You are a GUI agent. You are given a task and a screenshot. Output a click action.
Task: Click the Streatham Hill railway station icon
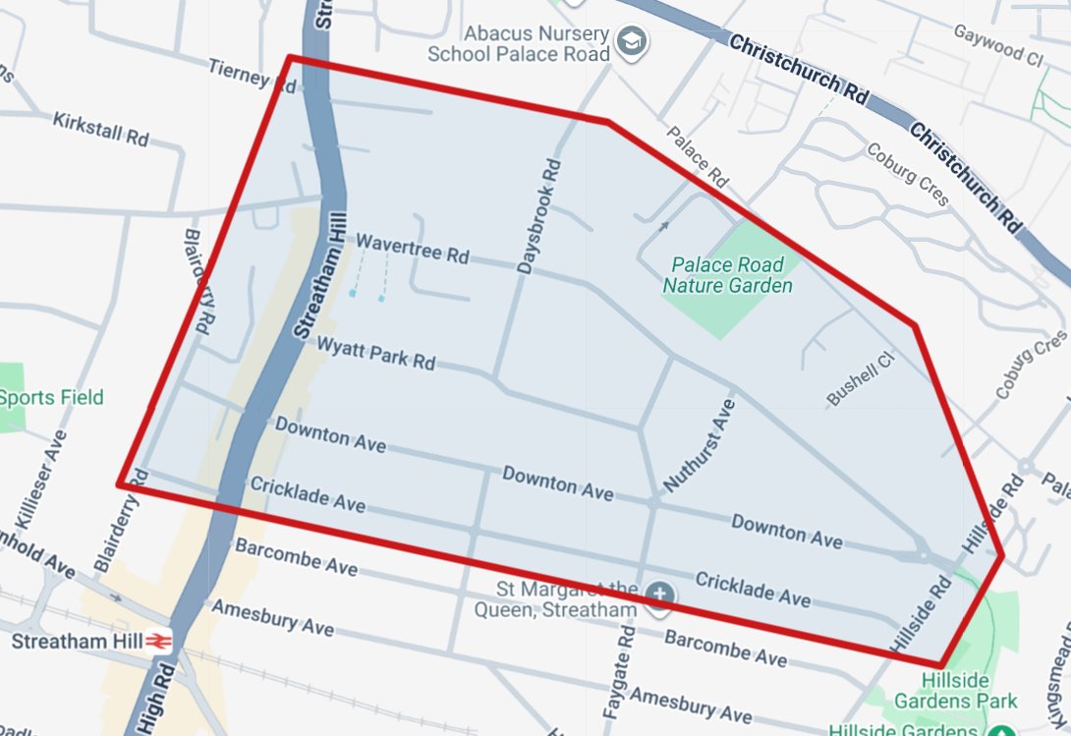[159, 641]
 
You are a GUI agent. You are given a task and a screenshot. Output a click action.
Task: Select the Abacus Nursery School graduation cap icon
[628, 41]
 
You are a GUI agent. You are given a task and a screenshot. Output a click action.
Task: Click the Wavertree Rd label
[412, 248]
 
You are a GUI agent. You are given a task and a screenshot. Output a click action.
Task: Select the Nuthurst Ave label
[700, 445]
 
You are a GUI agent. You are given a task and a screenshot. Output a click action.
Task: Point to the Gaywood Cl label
[996, 46]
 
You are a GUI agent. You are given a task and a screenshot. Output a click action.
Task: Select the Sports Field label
[51, 398]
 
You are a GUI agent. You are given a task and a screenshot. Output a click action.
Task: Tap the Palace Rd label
[697, 157]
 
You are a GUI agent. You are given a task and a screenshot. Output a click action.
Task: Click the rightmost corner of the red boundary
[1002, 557]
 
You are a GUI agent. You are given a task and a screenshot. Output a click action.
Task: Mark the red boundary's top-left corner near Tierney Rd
[289, 57]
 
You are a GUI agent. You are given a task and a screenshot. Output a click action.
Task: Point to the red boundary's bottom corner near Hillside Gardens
[940, 665]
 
